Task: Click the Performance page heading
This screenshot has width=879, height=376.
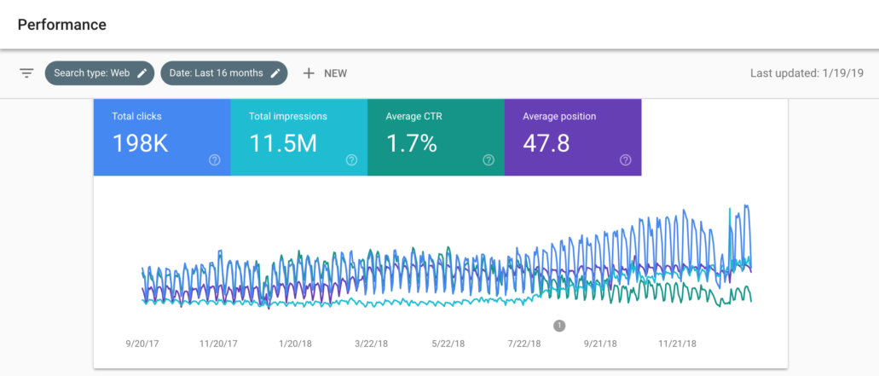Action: tap(61, 25)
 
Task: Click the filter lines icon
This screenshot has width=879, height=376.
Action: tap(26, 73)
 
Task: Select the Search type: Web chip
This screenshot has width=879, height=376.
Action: tap(91, 73)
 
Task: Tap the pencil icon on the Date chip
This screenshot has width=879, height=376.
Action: tap(275, 73)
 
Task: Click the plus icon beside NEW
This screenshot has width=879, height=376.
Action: tap(309, 73)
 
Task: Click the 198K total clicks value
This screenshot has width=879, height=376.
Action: tap(140, 144)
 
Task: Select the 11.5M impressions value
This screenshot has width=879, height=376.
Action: tap(282, 144)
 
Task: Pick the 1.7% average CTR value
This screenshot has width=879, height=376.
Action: tap(411, 144)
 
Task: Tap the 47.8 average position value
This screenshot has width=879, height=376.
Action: tap(546, 144)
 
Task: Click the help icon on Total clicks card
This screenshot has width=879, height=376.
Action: tap(215, 159)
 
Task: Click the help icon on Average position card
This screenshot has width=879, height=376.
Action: tap(625, 159)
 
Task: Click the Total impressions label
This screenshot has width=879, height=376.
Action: tap(287, 116)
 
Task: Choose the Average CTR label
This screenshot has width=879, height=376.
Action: tap(413, 116)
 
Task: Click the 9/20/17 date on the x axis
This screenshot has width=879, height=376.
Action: tap(142, 344)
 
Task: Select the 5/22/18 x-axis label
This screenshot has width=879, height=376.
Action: tap(448, 344)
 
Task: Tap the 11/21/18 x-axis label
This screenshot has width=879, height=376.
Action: tap(677, 344)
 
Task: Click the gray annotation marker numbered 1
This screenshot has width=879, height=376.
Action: tap(559, 325)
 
